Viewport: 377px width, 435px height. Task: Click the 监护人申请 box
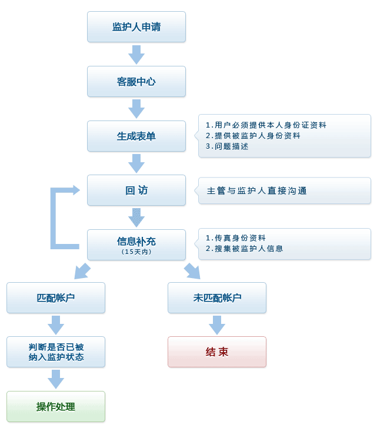136,27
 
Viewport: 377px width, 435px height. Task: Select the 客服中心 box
136,82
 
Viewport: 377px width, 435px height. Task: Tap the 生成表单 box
136,136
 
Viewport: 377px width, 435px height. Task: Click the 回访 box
136,190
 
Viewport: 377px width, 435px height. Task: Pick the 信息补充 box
136,242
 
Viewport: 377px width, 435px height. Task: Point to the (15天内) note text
136,252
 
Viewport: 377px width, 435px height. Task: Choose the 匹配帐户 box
56,297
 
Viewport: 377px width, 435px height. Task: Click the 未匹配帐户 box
217,297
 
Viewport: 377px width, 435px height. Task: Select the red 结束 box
217,352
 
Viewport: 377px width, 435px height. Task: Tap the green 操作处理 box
56,407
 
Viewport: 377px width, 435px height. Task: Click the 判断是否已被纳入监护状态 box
56,352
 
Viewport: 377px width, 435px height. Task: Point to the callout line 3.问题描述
227,146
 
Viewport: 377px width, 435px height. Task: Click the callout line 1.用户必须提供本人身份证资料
266,125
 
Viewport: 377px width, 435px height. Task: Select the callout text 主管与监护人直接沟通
256,191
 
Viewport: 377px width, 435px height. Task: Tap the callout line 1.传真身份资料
236,238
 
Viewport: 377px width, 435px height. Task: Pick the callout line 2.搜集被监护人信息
244,249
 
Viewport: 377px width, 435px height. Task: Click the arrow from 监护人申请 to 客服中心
136,55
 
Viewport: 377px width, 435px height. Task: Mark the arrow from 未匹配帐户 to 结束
217,324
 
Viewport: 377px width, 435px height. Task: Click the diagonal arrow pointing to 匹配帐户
82,271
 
